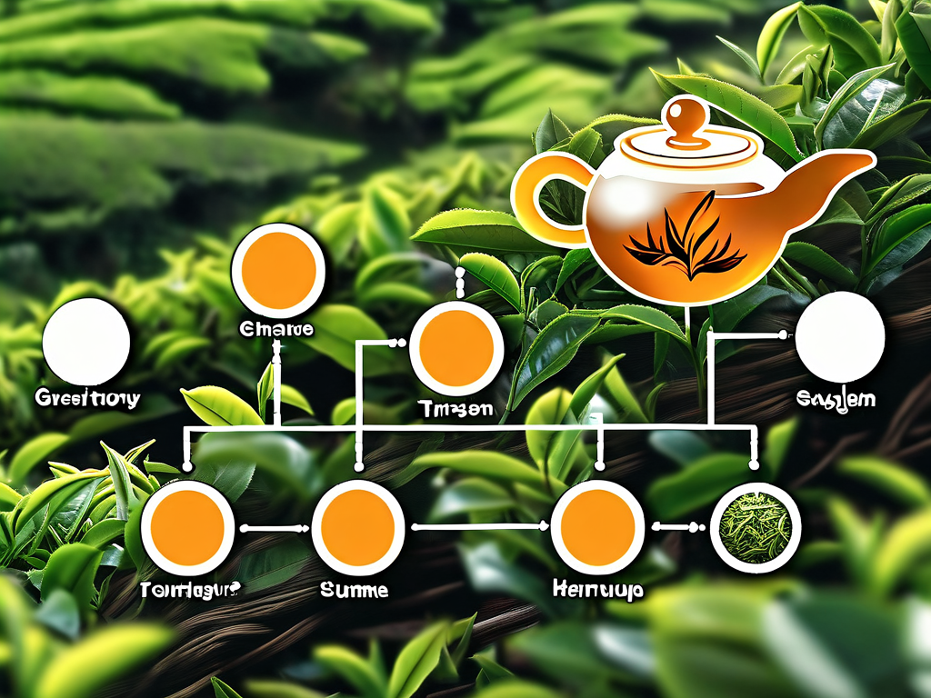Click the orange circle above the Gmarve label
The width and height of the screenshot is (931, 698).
click(x=278, y=270)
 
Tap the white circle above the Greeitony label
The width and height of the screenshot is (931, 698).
click(x=86, y=342)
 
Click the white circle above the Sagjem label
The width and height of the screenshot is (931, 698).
click(x=839, y=337)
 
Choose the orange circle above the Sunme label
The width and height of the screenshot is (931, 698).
click(x=357, y=527)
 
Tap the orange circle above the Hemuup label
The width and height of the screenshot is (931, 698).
click(x=597, y=527)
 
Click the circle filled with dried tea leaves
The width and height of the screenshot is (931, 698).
click(x=756, y=527)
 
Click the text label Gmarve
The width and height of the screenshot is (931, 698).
click(x=278, y=329)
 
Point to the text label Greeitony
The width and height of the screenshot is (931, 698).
click(x=87, y=398)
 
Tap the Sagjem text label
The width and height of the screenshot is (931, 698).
click(x=836, y=399)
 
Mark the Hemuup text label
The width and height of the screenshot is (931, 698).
click(x=597, y=591)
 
